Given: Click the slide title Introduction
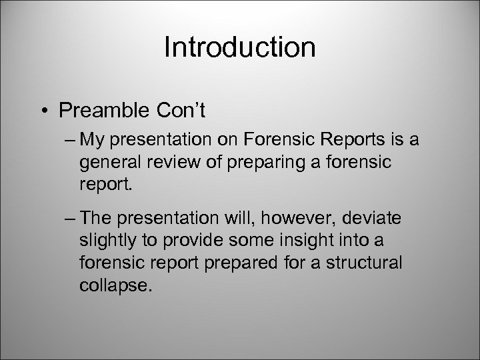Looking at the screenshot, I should (x=239, y=47).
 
